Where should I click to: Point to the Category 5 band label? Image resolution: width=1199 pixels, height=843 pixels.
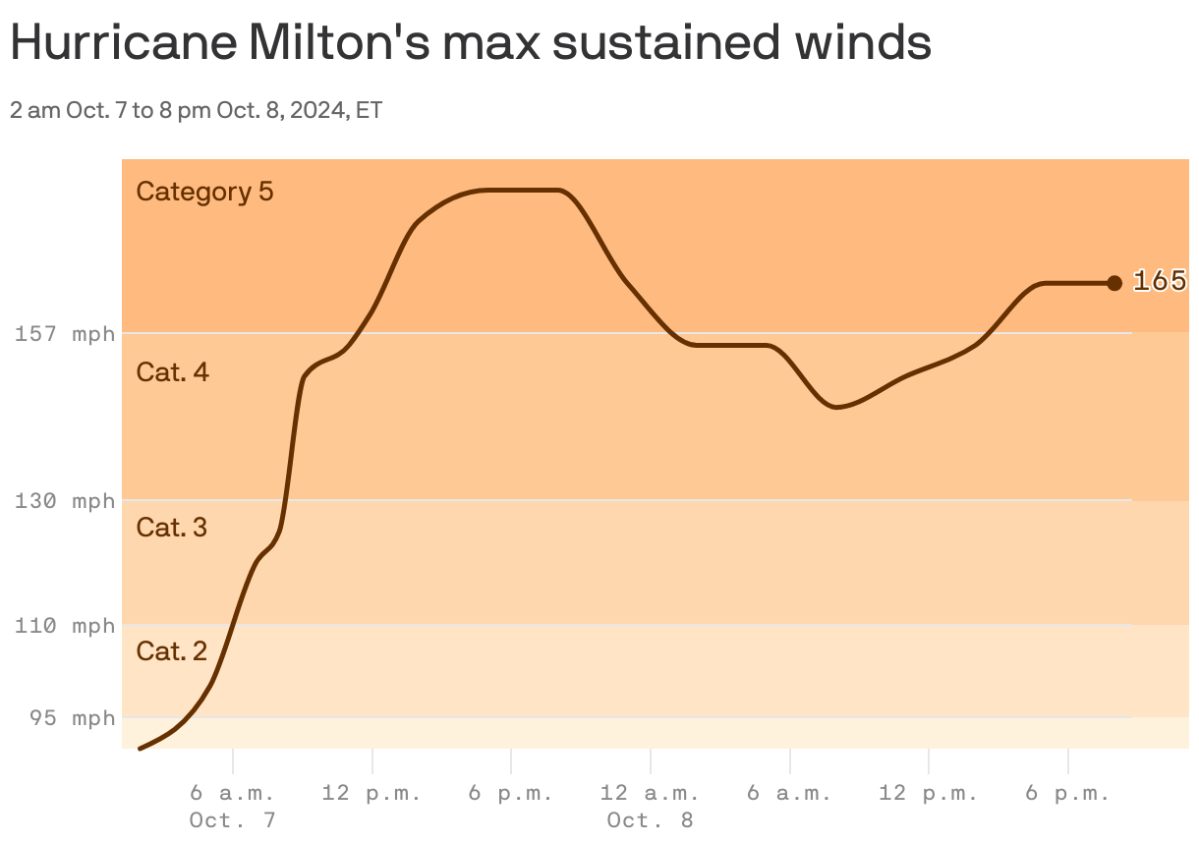204,191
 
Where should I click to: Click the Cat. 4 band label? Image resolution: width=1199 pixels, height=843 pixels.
172,371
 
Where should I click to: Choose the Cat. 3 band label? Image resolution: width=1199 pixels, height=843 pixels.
171,527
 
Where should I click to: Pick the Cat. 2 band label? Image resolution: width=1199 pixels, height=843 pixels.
171,650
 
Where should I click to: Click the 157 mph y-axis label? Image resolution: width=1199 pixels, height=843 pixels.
65,334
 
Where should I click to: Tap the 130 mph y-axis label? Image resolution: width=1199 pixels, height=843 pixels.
65,501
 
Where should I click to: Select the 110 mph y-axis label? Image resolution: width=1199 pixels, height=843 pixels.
65,625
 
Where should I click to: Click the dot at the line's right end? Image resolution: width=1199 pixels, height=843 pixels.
1113,283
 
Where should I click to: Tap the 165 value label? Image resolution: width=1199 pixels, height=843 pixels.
1159,281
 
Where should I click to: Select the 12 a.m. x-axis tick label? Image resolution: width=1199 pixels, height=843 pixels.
650,793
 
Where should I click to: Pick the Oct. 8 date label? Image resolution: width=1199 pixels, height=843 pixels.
650,819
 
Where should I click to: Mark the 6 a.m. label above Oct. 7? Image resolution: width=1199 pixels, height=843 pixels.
232,793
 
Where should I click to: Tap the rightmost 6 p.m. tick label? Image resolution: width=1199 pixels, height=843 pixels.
1067,793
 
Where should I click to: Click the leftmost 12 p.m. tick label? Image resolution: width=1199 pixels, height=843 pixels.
371,793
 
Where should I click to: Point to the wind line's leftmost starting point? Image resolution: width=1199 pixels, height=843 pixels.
140,749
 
